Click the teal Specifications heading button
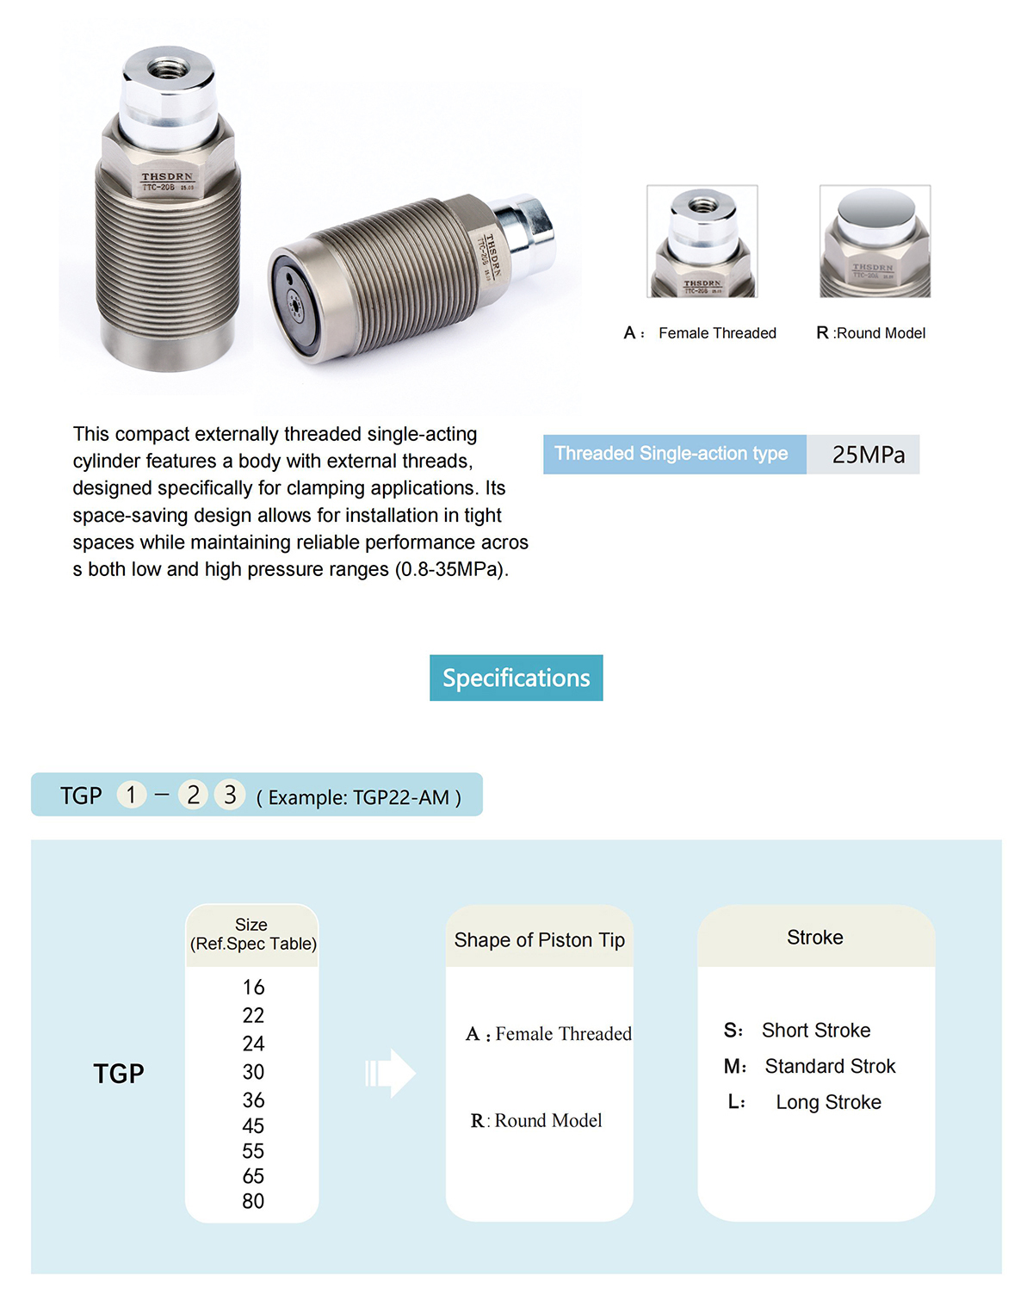pyautogui.click(x=516, y=678)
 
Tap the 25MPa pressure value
pyautogui.click(x=868, y=455)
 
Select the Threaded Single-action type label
pyautogui.click(x=671, y=454)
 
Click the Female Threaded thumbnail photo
pyautogui.click(x=702, y=241)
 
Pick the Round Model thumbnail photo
pyautogui.click(x=875, y=241)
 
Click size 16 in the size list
pyautogui.click(x=253, y=988)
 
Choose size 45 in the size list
pyautogui.click(x=253, y=1126)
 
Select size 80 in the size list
pyautogui.click(x=253, y=1201)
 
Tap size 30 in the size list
pyautogui.click(x=253, y=1072)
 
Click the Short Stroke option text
pyautogui.click(x=815, y=1031)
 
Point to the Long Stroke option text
pyautogui.click(x=828, y=1102)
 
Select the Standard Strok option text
pyautogui.click(x=830, y=1067)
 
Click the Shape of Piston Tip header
pyautogui.click(x=540, y=940)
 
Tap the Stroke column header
pyautogui.click(x=815, y=938)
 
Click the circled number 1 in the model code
pyautogui.click(x=131, y=795)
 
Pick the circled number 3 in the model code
pyautogui.click(x=230, y=795)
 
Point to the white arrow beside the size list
pyautogui.click(x=392, y=1073)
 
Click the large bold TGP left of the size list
pyautogui.click(x=119, y=1074)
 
